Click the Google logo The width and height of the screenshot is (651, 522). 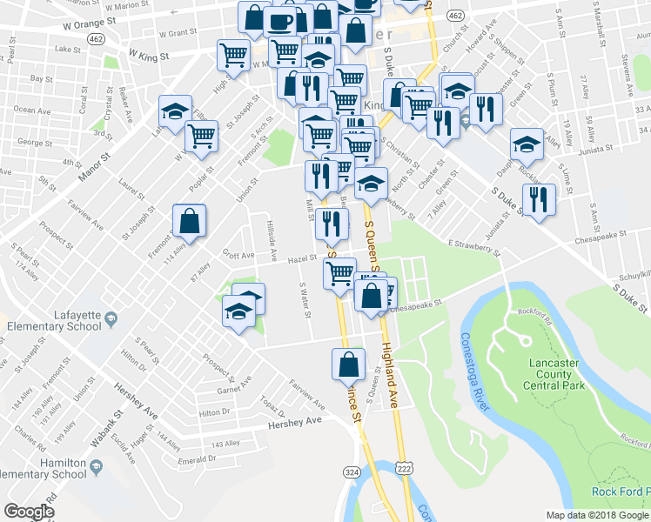pos(29,512)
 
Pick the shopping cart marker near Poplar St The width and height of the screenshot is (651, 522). pos(201,136)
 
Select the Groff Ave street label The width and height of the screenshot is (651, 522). pos(238,256)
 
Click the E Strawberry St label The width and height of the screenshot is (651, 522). pos(475,246)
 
